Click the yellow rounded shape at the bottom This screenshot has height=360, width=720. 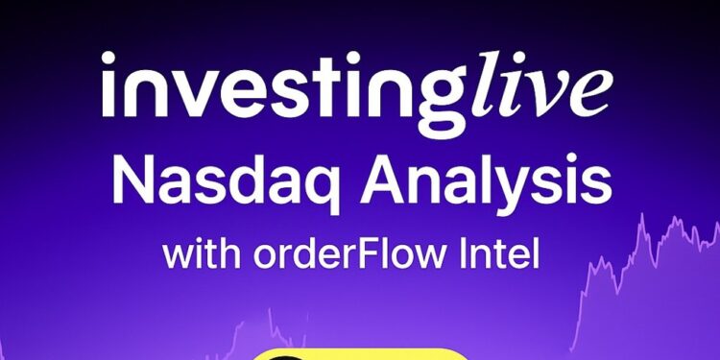pos(361,354)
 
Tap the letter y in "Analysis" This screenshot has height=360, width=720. pos(534,188)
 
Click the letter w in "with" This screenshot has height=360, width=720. pos(178,256)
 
